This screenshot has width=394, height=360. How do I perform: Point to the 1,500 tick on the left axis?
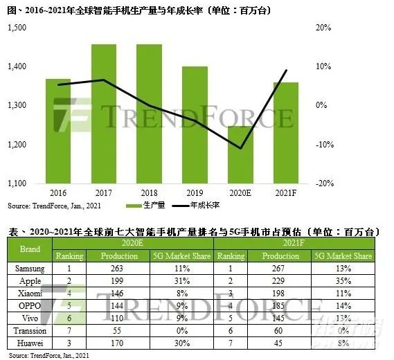(17, 27)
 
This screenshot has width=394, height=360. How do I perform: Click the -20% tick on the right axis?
(323, 183)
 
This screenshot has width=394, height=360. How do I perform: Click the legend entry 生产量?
(150, 206)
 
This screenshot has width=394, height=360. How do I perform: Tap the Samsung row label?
(31, 267)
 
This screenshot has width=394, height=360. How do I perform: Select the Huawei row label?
(31, 340)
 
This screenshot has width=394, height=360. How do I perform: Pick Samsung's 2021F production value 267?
(287, 267)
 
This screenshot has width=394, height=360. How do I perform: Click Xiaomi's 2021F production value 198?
(287, 291)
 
